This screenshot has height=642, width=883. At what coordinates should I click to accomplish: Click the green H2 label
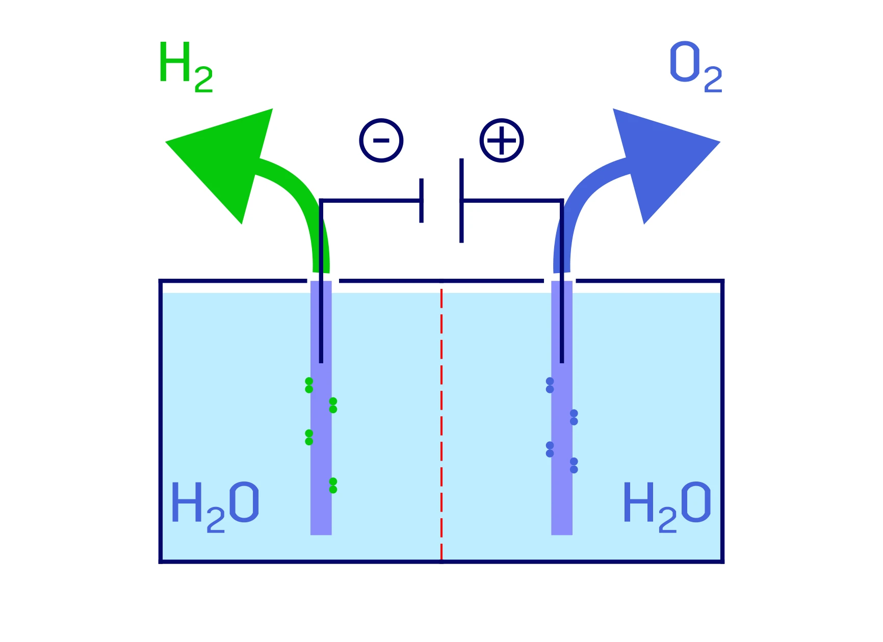pyautogui.click(x=186, y=67)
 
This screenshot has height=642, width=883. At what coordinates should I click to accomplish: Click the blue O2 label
pyautogui.click(x=696, y=67)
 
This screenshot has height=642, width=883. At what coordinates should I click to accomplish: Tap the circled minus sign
pyautogui.click(x=381, y=141)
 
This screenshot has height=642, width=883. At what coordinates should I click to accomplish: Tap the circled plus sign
pyautogui.click(x=502, y=141)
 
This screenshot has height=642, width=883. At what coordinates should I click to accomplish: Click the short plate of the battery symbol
pyautogui.click(x=422, y=200)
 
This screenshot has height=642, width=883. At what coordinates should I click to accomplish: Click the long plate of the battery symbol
pyautogui.click(x=461, y=200)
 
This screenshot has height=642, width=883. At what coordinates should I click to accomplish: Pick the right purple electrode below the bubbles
pyautogui.click(x=562, y=510)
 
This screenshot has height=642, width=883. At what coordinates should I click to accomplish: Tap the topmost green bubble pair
pyautogui.click(x=309, y=385)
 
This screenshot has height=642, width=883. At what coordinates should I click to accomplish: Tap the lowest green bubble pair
pyautogui.click(x=333, y=486)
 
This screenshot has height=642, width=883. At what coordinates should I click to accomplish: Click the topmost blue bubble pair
pyautogui.click(x=550, y=385)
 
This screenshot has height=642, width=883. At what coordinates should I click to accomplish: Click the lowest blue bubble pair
pyautogui.click(x=574, y=465)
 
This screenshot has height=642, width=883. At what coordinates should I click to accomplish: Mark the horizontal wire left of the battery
pyautogui.click(x=371, y=201)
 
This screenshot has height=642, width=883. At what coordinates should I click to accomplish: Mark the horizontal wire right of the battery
pyautogui.click(x=512, y=201)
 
